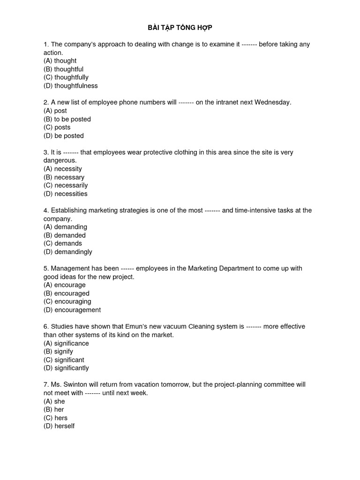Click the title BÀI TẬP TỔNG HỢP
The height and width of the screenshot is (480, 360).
[180, 28]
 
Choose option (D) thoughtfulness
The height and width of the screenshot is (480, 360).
[71, 86]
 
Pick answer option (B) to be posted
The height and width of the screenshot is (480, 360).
[67, 119]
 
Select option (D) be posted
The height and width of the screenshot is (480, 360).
[64, 136]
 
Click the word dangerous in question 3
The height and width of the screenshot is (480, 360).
[60, 160]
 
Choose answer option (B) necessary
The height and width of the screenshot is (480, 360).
[64, 177]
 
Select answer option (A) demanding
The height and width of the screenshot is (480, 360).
[65, 227]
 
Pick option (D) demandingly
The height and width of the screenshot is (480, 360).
[68, 252]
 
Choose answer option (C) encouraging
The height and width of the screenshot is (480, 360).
[67, 301]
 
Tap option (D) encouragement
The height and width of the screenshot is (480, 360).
[72, 310]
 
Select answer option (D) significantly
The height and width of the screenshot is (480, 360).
[66, 368]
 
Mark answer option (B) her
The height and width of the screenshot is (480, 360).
[54, 410]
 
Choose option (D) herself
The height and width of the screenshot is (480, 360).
[59, 426]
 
